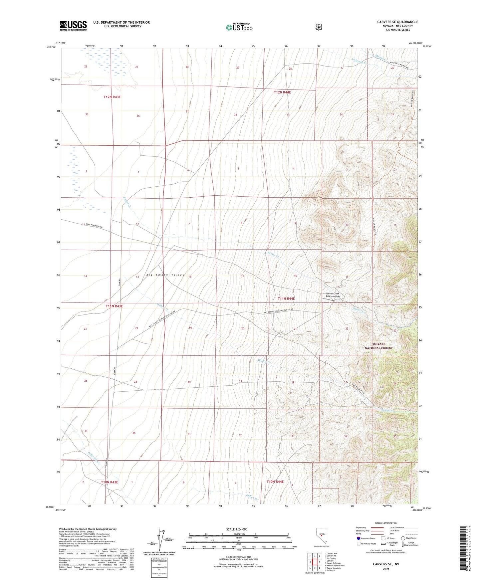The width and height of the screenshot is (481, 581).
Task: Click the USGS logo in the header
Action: (x=73, y=26)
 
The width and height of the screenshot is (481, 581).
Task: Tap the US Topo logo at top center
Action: (x=239, y=27)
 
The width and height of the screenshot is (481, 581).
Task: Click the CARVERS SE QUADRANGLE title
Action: (x=397, y=22)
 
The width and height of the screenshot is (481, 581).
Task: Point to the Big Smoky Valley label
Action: (x=165, y=275)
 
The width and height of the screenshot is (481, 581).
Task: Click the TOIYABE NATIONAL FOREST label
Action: (x=378, y=346)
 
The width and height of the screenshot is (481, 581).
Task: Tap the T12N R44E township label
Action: (x=282, y=92)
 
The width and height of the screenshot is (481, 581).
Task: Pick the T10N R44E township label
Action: (x=275, y=482)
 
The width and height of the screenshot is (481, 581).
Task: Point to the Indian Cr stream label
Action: (x=252, y=498)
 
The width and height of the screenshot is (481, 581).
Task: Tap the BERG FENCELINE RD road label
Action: (x=99, y=226)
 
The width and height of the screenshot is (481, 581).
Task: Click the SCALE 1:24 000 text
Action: (x=237, y=529)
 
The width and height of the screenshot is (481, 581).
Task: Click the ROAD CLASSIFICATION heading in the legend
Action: (x=386, y=523)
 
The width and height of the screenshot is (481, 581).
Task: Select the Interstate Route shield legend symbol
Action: (x=358, y=538)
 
